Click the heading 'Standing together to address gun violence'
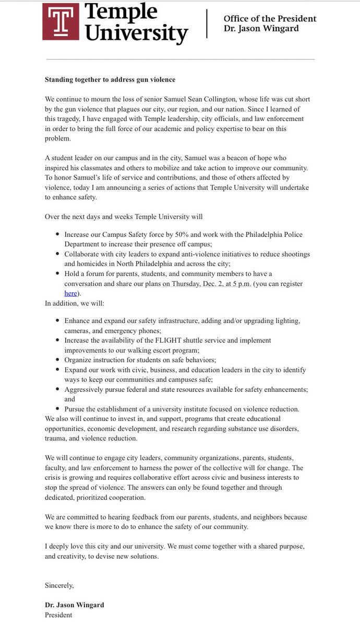110,79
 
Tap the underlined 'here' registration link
70,293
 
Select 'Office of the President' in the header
270,19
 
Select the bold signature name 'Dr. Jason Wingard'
74,605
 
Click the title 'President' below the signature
58,615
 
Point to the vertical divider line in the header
208,23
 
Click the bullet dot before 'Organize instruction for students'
57,360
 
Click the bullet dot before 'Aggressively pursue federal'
57,389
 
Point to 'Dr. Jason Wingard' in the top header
261,28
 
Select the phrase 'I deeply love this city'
83,546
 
